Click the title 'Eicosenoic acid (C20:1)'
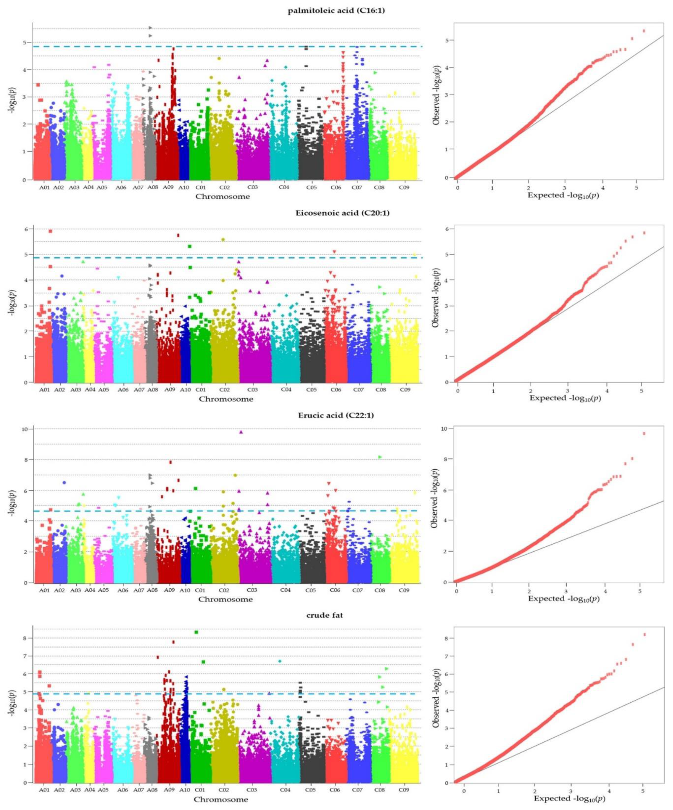336,213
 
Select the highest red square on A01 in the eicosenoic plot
50,231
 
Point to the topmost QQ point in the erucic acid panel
644,434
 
